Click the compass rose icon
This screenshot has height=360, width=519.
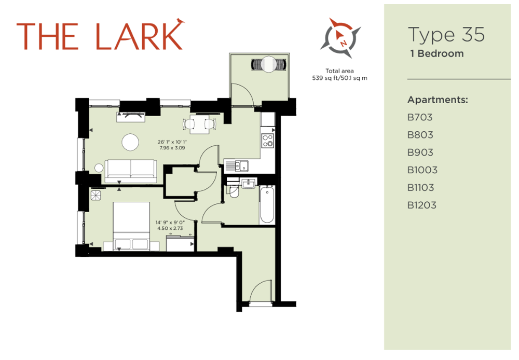click(x=340, y=38)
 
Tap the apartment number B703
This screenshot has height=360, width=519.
click(x=420, y=117)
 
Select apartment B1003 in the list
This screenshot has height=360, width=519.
click(x=422, y=170)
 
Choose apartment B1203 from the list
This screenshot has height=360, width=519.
click(x=421, y=205)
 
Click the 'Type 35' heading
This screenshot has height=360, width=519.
click(x=446, y=35)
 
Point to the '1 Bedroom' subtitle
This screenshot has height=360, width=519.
click(x=437, y=53)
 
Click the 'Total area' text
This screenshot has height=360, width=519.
click(x=339, y=71)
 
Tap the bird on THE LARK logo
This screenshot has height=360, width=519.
click(x=180, y=21)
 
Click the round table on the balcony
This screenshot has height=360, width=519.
click(x=268, y=64)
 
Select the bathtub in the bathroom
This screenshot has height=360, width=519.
click(x=267, y=205)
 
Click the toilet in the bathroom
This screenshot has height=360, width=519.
click(x=234, y=191)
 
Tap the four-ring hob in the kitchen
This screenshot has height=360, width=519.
click(x=267, y=140)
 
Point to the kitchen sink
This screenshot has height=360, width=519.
click(x=242, y=165)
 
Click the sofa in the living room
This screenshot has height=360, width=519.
click(x=131, y=171)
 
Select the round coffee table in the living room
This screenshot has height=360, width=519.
click(x=130, y=142)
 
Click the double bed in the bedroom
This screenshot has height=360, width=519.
click(x=131, y=226)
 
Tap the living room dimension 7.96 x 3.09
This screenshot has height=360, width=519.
click(x=172, y=148)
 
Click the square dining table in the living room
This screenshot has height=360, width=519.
click(x=200, y=124)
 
